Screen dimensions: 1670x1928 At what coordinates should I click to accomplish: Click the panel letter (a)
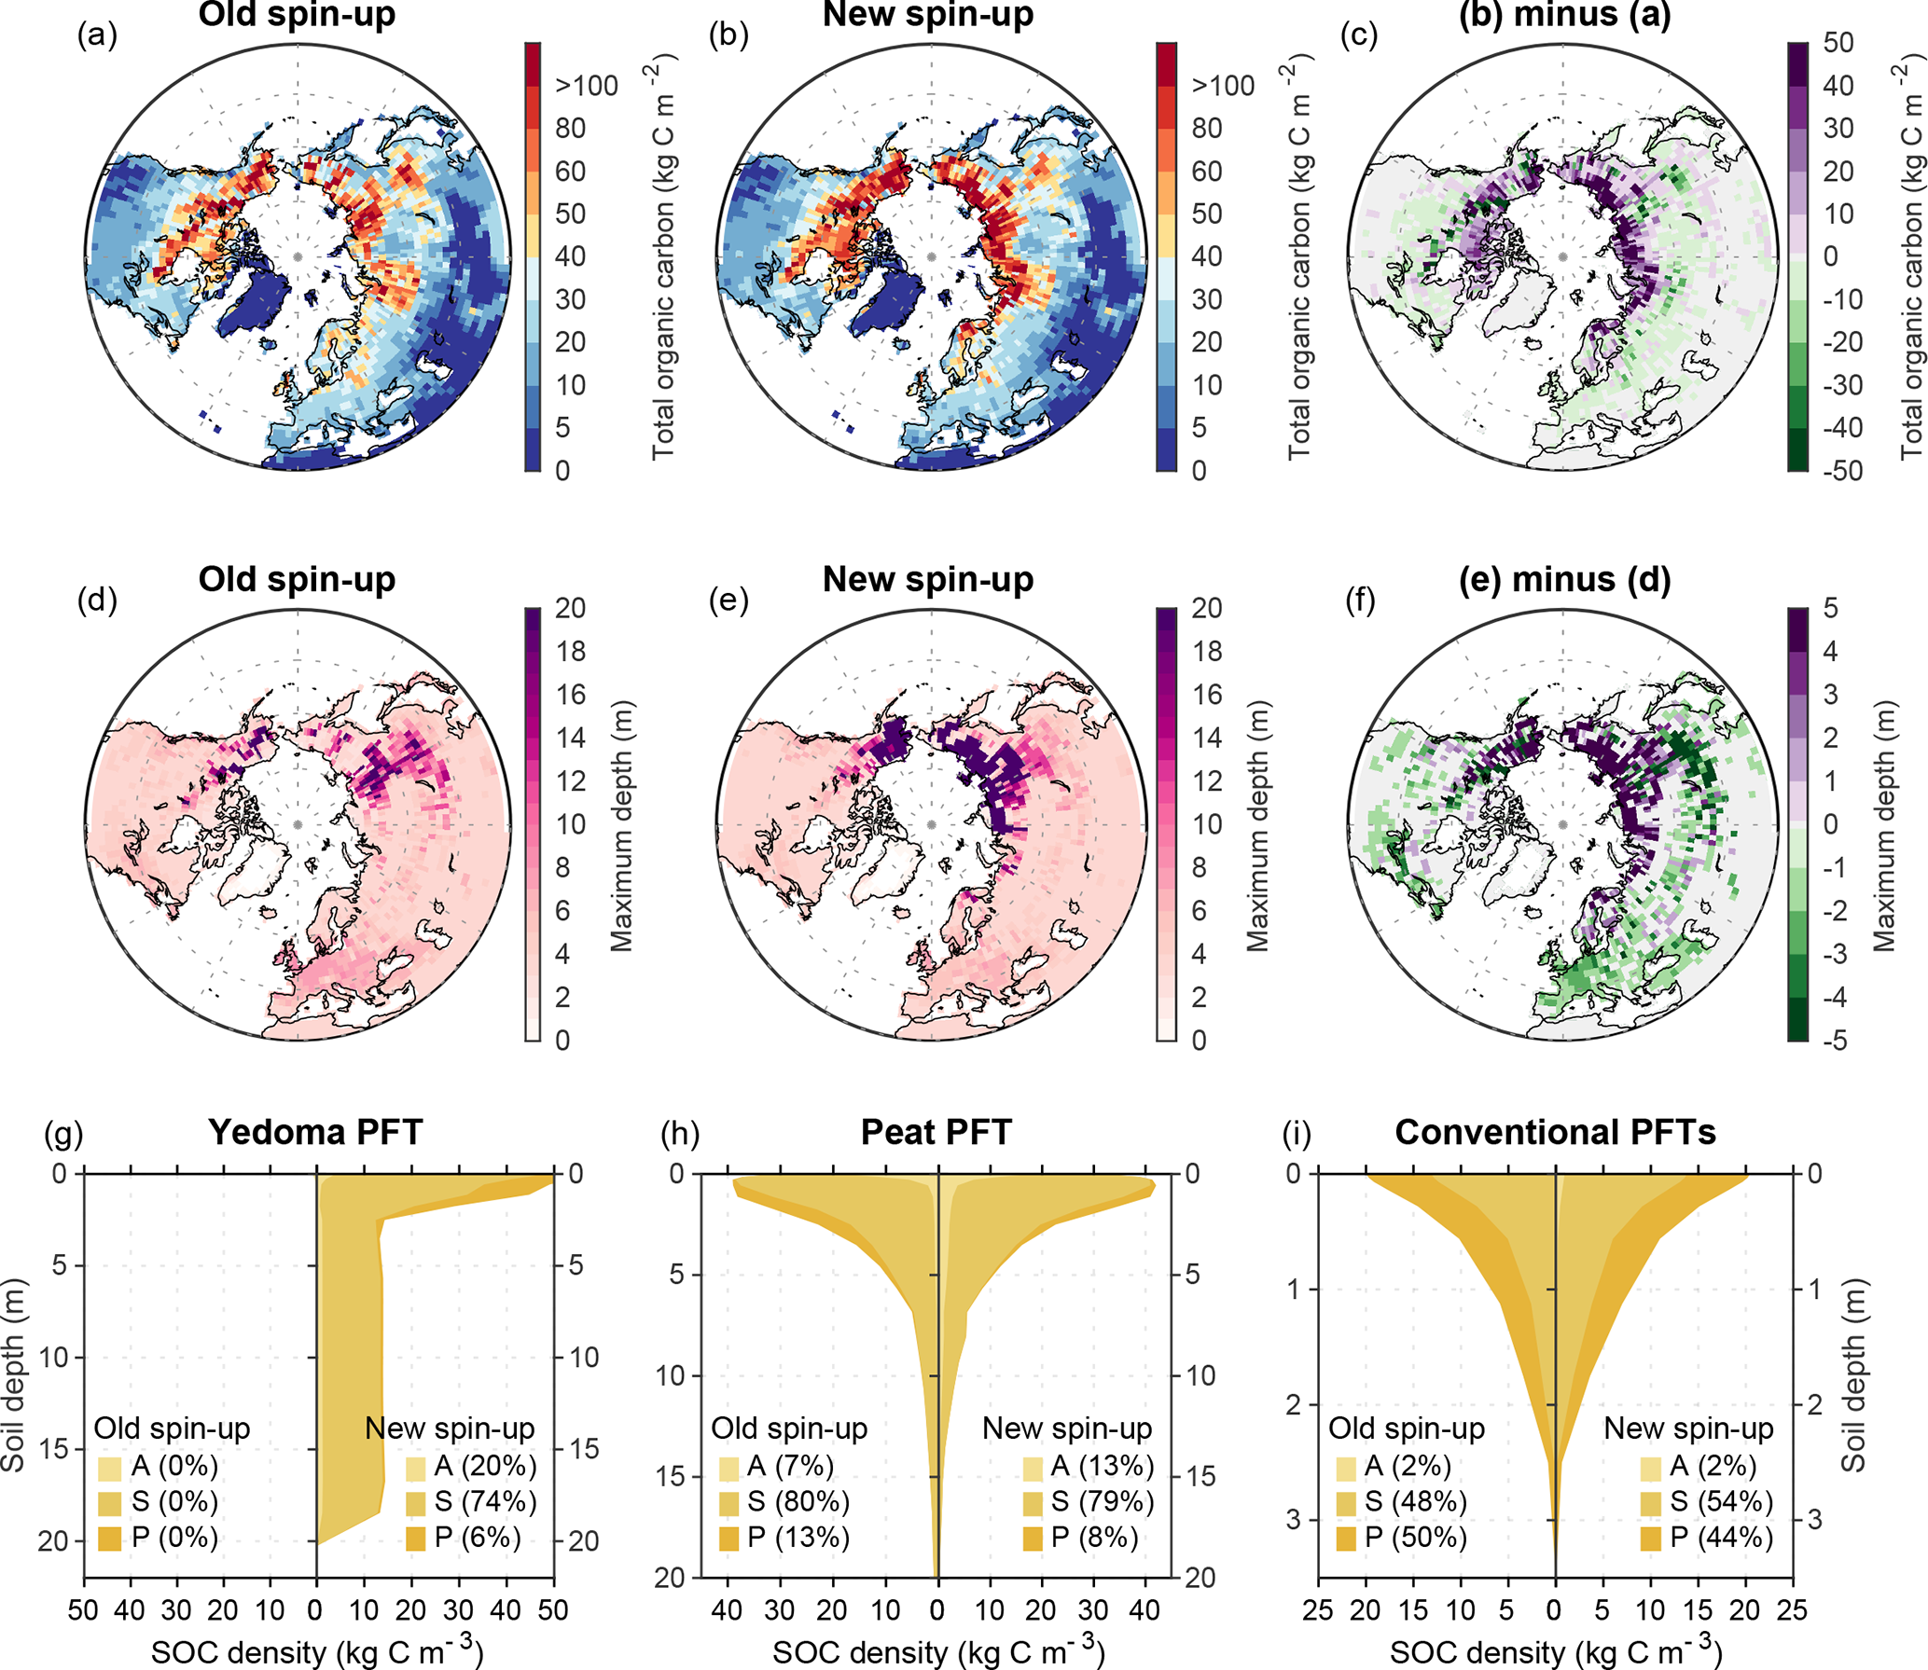(97, 35)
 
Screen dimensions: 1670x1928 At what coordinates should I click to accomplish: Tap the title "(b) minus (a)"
(1564, 15)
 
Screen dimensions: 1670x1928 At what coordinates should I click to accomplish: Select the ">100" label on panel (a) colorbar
(586, 86)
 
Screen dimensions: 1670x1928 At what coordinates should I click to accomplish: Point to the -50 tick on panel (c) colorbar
(1842, 470)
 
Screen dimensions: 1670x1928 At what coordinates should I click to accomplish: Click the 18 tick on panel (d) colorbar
(571, 651)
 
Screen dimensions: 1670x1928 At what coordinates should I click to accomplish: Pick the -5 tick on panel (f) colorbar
(1834, 1040)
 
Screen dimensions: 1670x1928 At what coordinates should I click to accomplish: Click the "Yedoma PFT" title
(315, 1132)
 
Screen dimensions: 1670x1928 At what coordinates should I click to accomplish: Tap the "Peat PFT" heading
(936, 1132)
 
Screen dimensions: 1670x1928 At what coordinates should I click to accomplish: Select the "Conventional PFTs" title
(1555, 1132)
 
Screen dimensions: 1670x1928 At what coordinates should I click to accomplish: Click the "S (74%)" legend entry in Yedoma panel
(472, 1501)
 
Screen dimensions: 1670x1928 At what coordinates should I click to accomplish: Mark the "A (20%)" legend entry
(472, 1466)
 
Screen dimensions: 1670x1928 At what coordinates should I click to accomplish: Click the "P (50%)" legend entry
(1401, 1538)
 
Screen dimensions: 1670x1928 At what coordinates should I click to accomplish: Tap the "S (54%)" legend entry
(1707, 1501)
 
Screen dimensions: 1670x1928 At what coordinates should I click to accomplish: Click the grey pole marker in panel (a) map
(298, 256)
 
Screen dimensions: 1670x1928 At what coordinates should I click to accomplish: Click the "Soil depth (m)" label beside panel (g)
(13, 1375)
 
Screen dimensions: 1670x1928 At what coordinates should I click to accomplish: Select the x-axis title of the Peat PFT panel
(938, 1651)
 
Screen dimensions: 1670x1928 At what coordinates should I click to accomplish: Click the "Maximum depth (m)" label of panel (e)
(1258, 825)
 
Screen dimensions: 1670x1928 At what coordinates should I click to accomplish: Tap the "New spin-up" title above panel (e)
(928, 580)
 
